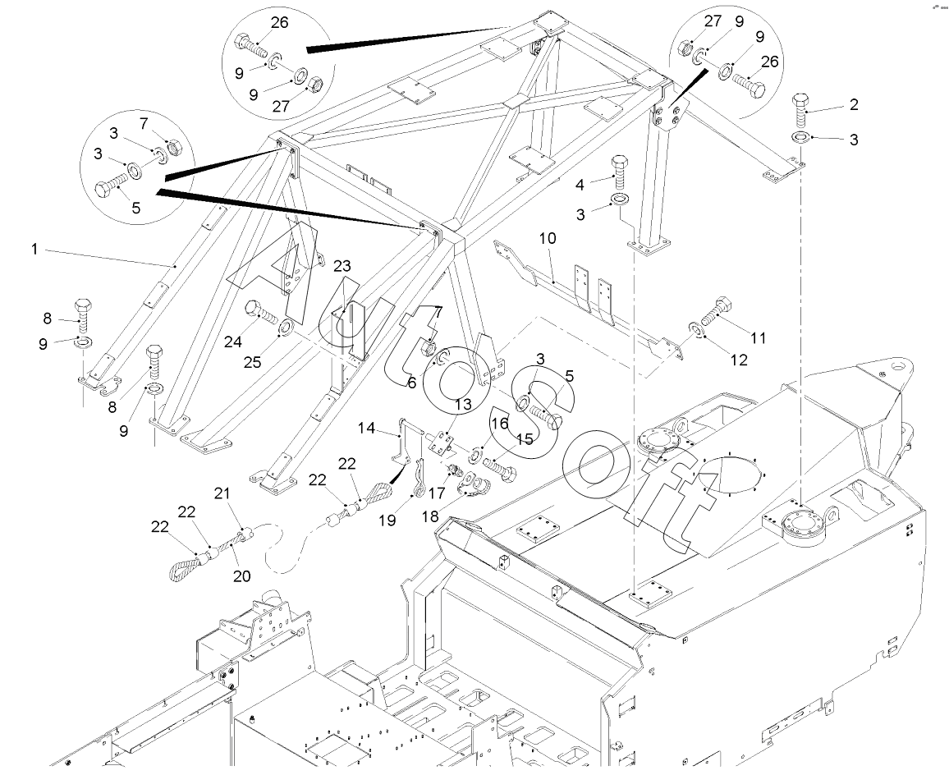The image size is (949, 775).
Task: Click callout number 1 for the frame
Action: tap(34, 247)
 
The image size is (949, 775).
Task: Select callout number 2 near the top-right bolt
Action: tap(854, 104)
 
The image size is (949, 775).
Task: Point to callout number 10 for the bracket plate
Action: tap(548, 238)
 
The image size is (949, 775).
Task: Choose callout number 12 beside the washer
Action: tap(739, 360)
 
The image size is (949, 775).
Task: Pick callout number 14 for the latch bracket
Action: tap(367, 428)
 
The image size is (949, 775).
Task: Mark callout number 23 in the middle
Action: tap(342, 265)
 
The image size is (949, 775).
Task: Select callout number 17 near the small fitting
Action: tap(435, 494)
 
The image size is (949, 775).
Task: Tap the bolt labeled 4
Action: tap(621, 170)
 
